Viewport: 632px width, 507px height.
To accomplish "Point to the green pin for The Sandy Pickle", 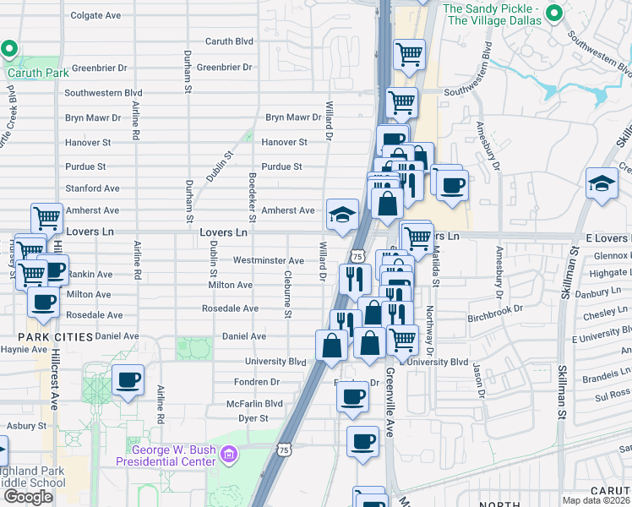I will pyautogui.click(x=555, y=13).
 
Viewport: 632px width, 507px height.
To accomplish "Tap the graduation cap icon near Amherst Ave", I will pyautogui.click(x=342, y=215).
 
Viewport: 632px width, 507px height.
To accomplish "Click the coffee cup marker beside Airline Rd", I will pyautogui.click(x=128, y=379).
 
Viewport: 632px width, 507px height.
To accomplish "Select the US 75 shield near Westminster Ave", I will pyautogui.click(x=357, y=255).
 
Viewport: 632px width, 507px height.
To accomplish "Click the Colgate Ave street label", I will pyautogui.click(x=95, y=15).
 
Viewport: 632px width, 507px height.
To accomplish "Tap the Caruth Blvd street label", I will pyautogui.click(x=229, y=41).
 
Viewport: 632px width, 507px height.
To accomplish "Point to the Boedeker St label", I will pyautogui.click(x=252, y=188).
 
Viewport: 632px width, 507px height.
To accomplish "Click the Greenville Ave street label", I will pyautogui.click(x=390, y=401).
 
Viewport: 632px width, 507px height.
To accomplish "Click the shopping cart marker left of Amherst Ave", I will pyautogui.click(x=46, y=218).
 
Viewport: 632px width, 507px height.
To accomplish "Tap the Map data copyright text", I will pyautogui.click(x=596, y=500).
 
